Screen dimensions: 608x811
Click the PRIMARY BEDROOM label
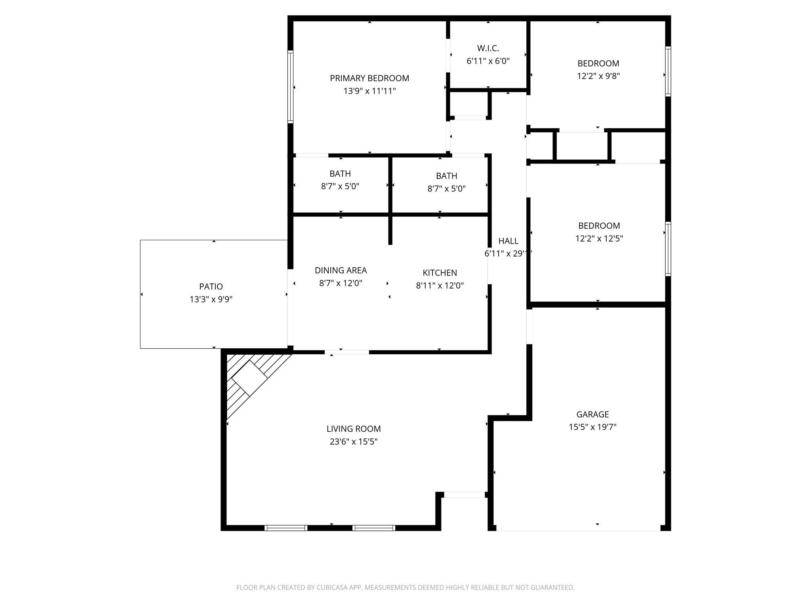[x=369, y=78]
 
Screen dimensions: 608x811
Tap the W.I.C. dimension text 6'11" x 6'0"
[x=488, y=61]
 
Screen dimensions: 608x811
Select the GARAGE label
[x=592, y=414]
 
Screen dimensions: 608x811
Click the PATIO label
[x=211, y=286]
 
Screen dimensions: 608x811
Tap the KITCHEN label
[x=440, y=273]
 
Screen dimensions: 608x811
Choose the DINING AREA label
[x=341, y=270]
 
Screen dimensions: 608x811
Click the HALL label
[x=508, y=241]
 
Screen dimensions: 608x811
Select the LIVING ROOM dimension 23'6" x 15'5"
[x=353, y=442]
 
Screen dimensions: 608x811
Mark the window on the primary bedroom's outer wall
[x=290, y=87]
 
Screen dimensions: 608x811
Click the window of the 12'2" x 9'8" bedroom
[x=668, y=72]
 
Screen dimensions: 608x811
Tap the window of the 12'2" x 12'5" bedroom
[x=668, y=249]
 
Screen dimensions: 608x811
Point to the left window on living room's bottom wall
[x=286, y=528]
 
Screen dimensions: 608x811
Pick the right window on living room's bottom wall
[x=374, y=528]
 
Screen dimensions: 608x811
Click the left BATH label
[x=340, y=174]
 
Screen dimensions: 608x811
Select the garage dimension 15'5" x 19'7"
[x=592, y=427]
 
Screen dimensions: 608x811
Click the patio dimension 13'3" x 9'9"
[x=211, y=299]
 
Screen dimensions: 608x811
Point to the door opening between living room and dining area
[x=347, y=352]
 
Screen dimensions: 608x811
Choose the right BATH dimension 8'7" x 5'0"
[x=446, y=189]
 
